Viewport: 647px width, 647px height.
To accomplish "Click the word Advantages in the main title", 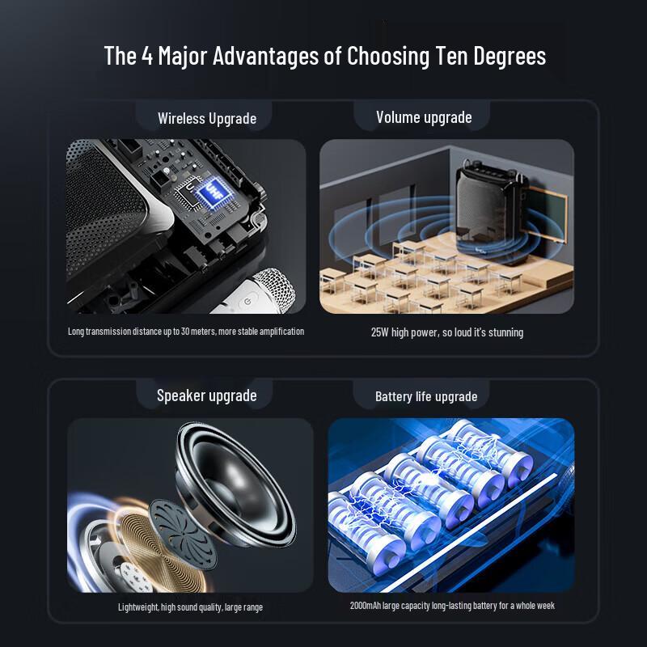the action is pyautogui.click(x=265, y=56).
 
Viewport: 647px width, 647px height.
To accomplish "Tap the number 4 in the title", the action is pyautogui.click(x=147, y=55).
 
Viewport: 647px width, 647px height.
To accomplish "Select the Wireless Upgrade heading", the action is pyautogui.click(x=207, y=119).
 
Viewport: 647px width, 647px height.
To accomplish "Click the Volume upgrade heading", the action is pyautogui.click(x=424, y=117).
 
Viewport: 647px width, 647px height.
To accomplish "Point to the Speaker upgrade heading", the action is pyautogui.click(x=207, y=395).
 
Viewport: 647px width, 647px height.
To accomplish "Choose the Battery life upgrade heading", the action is pyautogui.click(x=426, y=396).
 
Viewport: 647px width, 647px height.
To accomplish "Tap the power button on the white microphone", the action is pyautogui.click(x=247, y=302).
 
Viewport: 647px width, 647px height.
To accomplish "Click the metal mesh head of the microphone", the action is pyautogui.click(x=275, y=289).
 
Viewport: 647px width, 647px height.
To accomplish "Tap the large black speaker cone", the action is pyautogui.click(x=236, y=484).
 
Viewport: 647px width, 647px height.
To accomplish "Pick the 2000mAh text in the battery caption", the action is pyautogui.click(x=366, y=606).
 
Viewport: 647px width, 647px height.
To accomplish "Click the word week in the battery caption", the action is pyautogui.click(x=547, y=606).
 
